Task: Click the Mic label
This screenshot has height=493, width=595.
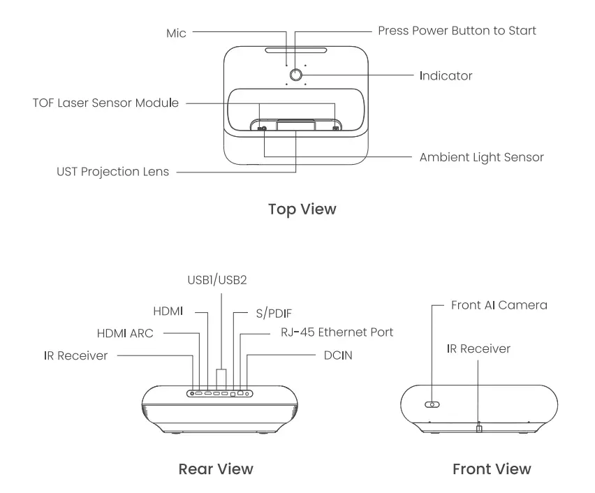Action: pyautogui.click(x=176, y=33)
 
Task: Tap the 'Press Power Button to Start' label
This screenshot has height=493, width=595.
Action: pyautogui.click(x=457, y=31)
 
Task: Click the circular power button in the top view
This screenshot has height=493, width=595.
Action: pyautogui.click(x=295, y=75)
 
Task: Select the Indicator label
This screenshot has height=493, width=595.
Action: pyautogui.click(x=446, y=75)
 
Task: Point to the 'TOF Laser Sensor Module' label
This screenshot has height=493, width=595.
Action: pyautogui.click(x=105, y=103)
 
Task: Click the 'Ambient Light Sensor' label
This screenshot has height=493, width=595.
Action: pyautogui.click(x=481, y=157)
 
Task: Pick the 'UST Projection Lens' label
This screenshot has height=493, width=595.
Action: pyautogui.click(x=112, y=172)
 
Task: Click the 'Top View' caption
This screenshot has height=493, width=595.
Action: pyautogui.click(x=302, y=209)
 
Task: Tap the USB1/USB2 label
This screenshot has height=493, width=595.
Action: pyautogui.click(x=217, y=280)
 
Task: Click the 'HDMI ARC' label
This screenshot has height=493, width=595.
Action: pyautogui.click(x=125, y=333)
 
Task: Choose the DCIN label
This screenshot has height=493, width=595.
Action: pyautogui.click(x=338, y=355)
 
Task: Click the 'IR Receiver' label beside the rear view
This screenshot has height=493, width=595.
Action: pyautogui.click(x=75, y=355)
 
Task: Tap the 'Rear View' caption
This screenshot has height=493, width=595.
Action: pyautogui.click(x=216, y=469)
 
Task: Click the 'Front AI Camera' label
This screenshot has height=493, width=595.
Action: pyautogui.click(x=499, y=305)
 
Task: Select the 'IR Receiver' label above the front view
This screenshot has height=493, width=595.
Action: pyautogui.click(x=478, y=348)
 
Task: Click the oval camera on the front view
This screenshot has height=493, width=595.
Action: pyautogui.click(x=433, y=404)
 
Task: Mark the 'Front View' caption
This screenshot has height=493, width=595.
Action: pyautogui.click(x=492, y=469)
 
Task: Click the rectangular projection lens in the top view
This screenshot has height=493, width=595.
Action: pyautogui.click(x=295, y=126)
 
